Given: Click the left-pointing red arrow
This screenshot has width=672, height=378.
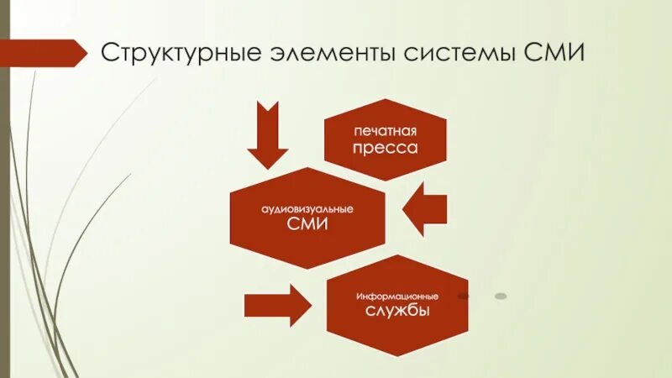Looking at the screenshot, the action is [424, 209].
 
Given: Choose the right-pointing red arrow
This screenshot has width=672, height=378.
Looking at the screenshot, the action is [277, 303].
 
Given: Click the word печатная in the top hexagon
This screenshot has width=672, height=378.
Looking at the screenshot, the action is [385, 131].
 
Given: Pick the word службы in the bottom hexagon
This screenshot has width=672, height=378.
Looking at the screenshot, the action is [397, 312].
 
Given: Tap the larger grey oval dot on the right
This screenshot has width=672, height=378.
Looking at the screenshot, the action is [501, 296].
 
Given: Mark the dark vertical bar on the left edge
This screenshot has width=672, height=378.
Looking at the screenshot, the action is [4, 189].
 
